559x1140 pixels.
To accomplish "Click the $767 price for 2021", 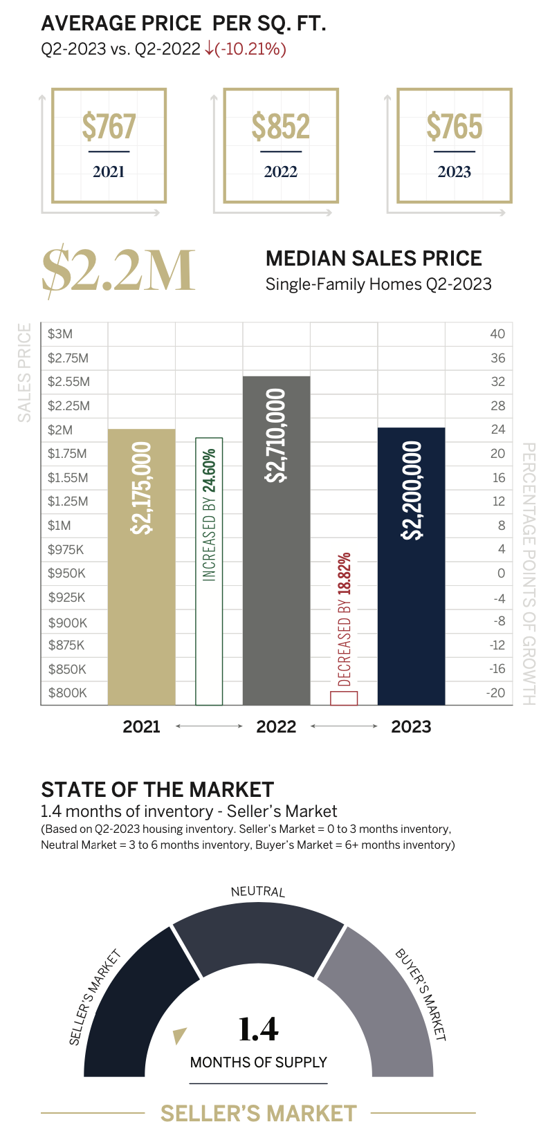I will tap(109, 127).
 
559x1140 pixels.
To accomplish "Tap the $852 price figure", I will tap(280, 127).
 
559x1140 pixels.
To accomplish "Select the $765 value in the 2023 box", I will tap(454, 127).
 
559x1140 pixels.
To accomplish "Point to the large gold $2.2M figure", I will tap(118, 270).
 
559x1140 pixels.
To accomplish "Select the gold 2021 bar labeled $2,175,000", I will tap(141, 567).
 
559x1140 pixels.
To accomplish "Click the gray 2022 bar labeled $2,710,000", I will tap(276, 540).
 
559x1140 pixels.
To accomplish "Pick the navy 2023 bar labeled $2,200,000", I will tap(411, 567).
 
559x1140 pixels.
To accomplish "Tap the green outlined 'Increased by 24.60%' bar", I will tap(209, 571).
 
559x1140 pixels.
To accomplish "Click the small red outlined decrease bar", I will tap(344, 697).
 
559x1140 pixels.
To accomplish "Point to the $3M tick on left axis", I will tap(60, 334).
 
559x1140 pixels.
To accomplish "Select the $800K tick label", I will tap(67, 692).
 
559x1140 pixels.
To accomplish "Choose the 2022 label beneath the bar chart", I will tap(276, 726).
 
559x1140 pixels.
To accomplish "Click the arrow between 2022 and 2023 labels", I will tap(344, 726).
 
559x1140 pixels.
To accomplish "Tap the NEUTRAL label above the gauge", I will tap(257, 891).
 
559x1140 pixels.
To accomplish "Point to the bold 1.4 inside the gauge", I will tap(258, 1029).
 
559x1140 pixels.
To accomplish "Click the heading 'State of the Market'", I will tap(157, 790).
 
